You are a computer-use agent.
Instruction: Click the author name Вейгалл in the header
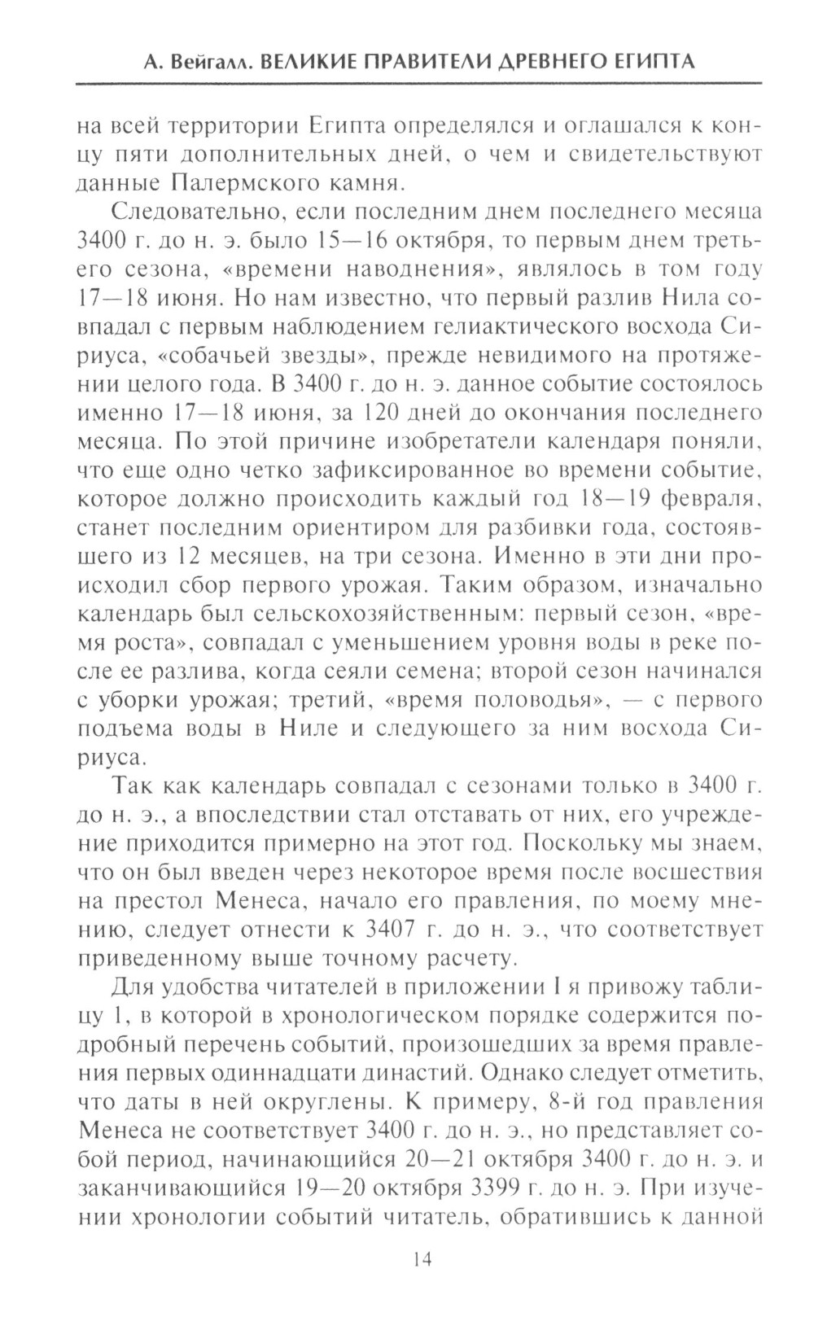pyautogui.click(x=191, y=62)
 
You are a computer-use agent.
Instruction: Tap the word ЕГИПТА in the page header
pyautogui.click(x=647, y=62)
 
